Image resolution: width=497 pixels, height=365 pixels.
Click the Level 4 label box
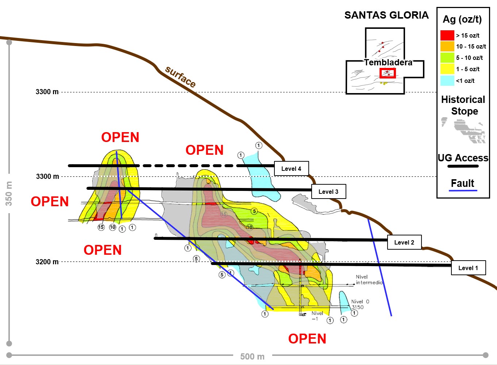(x=291, y=169)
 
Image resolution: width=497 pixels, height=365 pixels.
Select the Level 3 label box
(x=328, y=192)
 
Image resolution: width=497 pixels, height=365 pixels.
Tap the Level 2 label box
(x=404, y=242)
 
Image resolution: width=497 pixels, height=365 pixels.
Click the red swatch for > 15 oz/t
(x=447, y=35)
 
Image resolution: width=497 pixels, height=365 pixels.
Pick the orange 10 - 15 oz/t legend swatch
(x=447, y=46)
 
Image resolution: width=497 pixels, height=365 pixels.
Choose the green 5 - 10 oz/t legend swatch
(x=447, y=58)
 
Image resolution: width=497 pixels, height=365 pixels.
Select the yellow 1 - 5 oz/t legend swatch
(x=447, y=69)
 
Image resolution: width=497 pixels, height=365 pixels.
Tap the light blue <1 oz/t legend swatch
(x=447, y=81)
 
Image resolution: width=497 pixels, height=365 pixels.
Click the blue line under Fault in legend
(x=463, y=191)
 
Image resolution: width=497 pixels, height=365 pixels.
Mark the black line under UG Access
(x=463, y=166)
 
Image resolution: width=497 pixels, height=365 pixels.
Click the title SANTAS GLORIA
(x=386, y=15)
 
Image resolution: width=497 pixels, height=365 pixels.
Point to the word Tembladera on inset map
(x=388, y=62)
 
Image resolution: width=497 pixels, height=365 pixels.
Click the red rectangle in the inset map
(x=388, y=73)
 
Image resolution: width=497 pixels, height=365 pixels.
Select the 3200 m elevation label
(x=47, y=262)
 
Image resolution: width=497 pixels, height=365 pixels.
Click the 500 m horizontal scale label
(x=252, y=357)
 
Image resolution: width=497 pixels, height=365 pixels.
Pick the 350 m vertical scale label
(x=9, y=193)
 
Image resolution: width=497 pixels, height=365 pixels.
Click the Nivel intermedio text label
(x=369, y=280)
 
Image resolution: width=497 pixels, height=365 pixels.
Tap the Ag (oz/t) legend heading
(x=462, y=19)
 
